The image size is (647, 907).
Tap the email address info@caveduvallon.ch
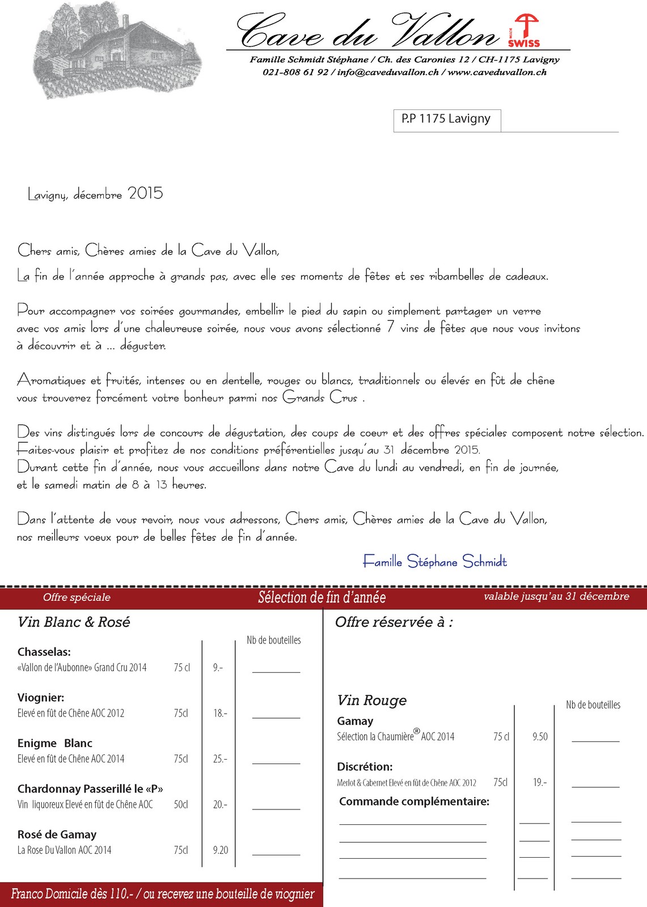[388, 73]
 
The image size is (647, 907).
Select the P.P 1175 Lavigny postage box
[446, 119]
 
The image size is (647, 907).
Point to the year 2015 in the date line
[146, 193]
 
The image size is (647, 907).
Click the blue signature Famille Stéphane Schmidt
[435, 562]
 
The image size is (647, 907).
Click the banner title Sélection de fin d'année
[322, 597]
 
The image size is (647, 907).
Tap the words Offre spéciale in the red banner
[77, 597]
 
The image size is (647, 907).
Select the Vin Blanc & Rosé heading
[74, 622]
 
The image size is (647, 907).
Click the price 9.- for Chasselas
[218, 668]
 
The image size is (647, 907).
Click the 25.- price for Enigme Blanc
[220, 759]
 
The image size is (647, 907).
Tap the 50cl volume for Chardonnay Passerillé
[181, 804]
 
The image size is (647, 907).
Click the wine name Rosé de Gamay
[57, 834]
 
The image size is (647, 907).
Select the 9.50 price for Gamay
[540, 737]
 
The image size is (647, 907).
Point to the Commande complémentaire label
[414, 802]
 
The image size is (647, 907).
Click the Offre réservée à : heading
[394, 622]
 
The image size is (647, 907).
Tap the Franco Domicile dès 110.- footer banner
[162, 895]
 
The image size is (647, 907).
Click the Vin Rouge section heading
[372, 701]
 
